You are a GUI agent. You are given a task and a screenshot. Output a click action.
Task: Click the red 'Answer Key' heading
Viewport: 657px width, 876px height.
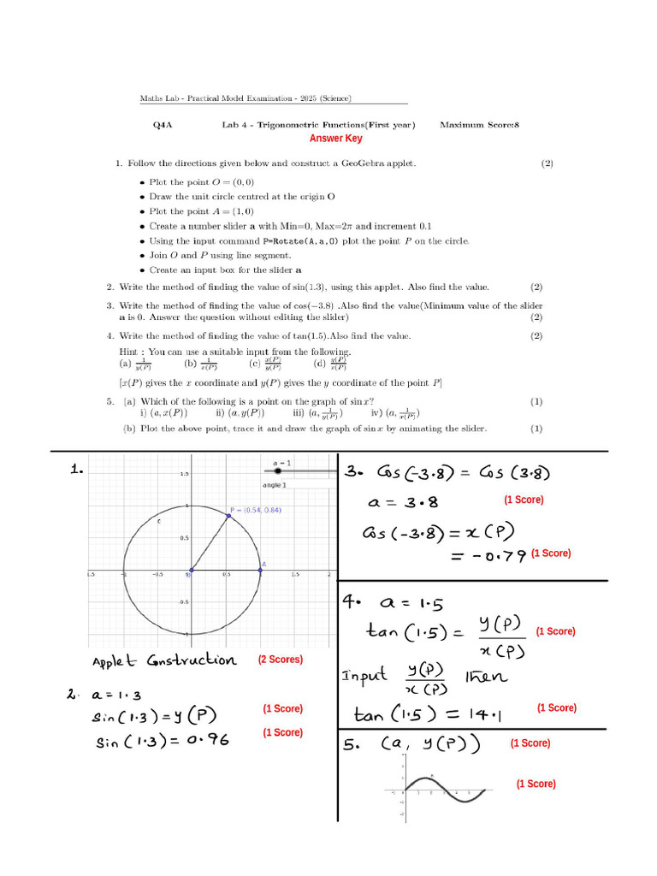(x=335, y=139)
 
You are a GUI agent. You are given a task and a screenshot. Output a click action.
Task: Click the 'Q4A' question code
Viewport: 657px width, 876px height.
(x=163, y=125)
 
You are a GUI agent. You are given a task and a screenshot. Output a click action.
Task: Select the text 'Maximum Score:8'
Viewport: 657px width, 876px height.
(x=479, y=125)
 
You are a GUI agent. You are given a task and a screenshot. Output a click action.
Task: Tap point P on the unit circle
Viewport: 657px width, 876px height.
(x=228, y=515)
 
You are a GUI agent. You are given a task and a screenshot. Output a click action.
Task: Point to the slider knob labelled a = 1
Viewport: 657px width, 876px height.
(x=277, y=471)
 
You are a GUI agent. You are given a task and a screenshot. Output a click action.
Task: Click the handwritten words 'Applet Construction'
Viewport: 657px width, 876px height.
(x=164, y=660)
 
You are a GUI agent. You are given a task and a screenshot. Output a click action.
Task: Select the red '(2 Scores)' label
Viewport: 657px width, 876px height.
(x=280, y=660)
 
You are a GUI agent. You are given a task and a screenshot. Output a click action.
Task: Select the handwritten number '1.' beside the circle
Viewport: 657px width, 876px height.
(x=77, y=469)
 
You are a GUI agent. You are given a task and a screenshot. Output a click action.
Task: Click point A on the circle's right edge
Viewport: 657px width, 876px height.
(x=261, y=570)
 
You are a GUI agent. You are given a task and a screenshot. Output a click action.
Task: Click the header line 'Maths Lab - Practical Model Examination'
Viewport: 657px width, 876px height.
(x=246, y=98)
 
